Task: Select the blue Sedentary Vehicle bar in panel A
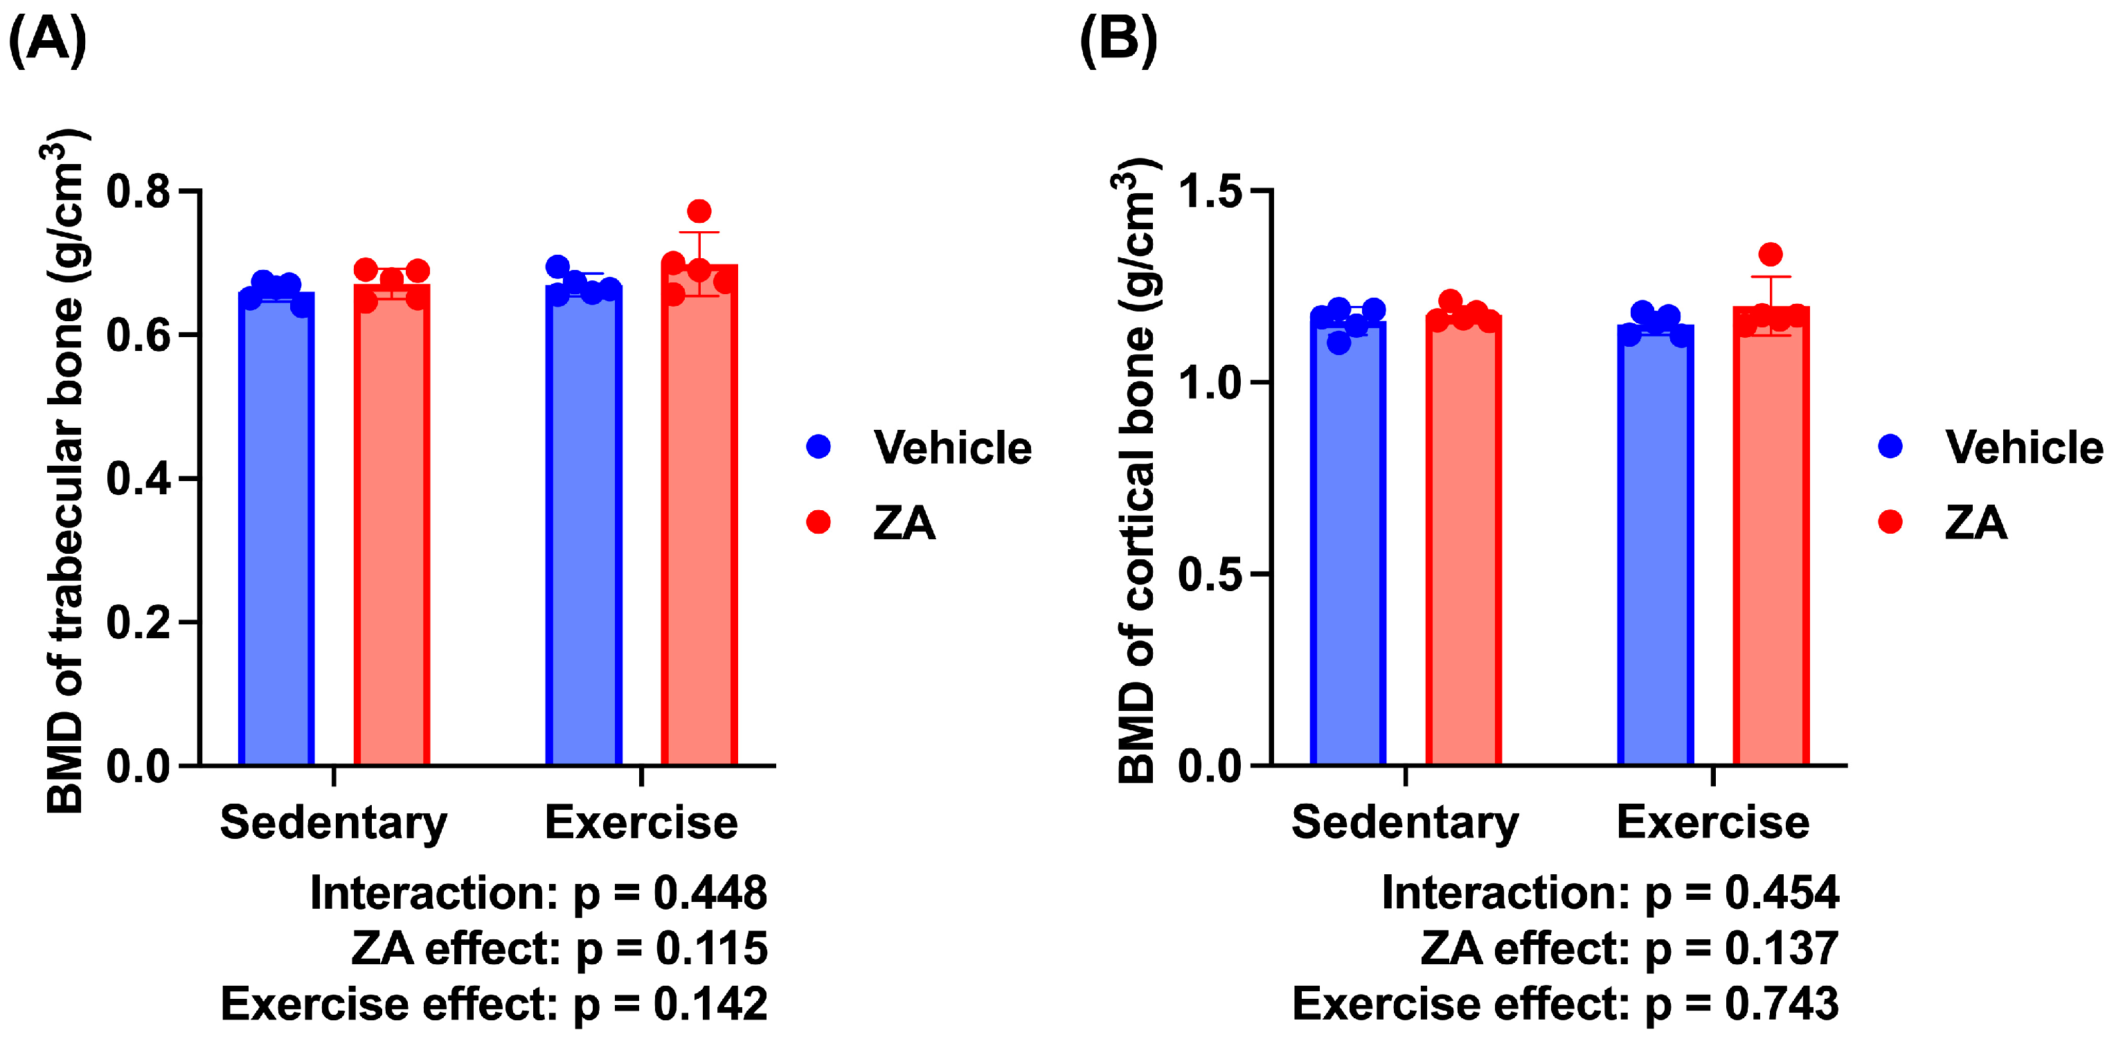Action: point(276,529)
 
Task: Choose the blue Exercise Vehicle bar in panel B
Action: point(1655,545)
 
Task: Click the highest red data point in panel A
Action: point(699,212)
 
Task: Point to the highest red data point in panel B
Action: point(1770,255)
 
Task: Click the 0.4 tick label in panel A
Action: point(138,478)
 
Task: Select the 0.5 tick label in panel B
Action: point(1210,574)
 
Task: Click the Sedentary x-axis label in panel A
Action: point(334,824)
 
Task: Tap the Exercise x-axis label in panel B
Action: point(1712,822)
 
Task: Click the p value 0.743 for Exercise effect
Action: point(1782,1004)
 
